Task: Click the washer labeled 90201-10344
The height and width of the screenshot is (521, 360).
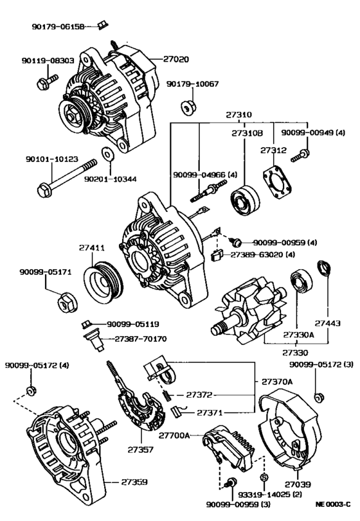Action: tap(106, 154)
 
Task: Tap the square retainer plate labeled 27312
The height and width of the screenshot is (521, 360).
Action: tap(277, 182)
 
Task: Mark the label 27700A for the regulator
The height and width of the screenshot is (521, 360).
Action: tap(174, 436)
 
